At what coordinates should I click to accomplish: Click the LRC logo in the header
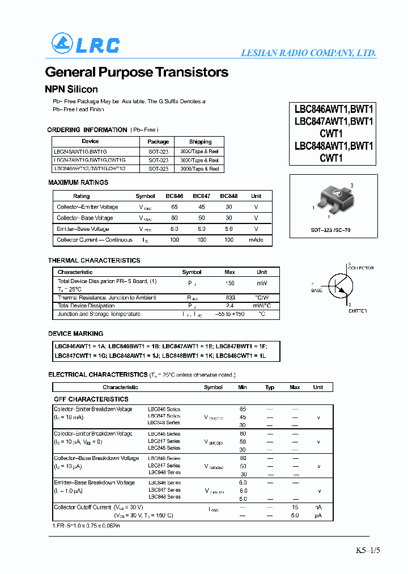pyautogui.click(x=86, y=44)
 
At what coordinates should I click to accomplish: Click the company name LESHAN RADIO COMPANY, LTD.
pyautogui.click(x=308, y=53)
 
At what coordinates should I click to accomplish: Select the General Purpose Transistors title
pyautogui.click(x=137, y=73)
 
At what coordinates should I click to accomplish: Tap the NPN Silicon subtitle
pyautogui.click(x=71, y=90)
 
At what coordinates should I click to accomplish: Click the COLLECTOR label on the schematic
pyautogui.click(x=360, y=268)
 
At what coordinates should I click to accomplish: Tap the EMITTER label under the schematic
pyautogui.click(x=358, y=311)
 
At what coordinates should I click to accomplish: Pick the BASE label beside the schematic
pyautogui.click(x=316, y=290)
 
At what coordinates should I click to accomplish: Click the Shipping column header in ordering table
pyautogui.click(x=200, y=141)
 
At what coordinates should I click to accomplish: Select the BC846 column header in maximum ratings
pyautogui.click(x=174, y=196)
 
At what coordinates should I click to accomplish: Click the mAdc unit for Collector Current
pyautogui.click(x=256, y=240)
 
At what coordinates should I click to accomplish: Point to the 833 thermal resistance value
pyautogui.click(x=230, y=297)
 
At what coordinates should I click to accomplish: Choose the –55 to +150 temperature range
pyautogui.click(x=230, y=314)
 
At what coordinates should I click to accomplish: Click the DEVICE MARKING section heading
pyautogui.click(x=76, y=334)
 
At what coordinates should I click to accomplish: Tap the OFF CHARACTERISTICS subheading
pyautogui.click(x=91, y=399)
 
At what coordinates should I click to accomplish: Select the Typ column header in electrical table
pyautogui.click(x=270, y=387)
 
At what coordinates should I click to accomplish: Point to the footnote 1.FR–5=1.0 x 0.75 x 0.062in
pyautogui.click(x=86, y=526)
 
